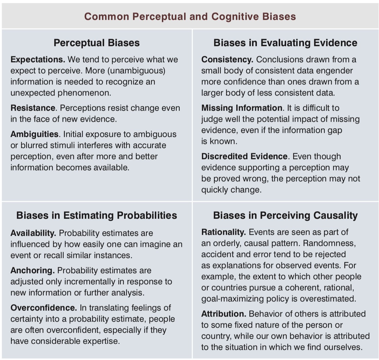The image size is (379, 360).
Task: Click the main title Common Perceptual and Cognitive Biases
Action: [190, 16]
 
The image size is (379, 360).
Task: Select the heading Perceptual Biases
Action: [97, 43]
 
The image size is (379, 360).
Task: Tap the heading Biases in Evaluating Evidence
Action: [285, 43]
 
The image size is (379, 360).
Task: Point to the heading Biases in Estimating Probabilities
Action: [97, 215]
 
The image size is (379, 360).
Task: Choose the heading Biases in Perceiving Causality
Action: [285, 215]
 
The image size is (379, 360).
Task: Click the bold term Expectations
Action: [37, 60]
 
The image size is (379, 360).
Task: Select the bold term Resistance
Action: [33, 108]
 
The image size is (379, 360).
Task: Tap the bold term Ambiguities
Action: [34, 134]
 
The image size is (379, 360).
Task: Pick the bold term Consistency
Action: [227, 60]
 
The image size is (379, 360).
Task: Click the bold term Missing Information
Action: [242, 108]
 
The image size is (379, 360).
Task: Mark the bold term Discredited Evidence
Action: [244, 156]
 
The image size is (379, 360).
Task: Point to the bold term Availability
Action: [33, 233]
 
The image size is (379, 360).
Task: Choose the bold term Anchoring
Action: [32, 271]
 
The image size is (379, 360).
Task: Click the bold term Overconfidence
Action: [44, 308]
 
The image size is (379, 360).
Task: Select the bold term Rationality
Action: [223, 232]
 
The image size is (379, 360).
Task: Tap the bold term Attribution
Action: [223, 314]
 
